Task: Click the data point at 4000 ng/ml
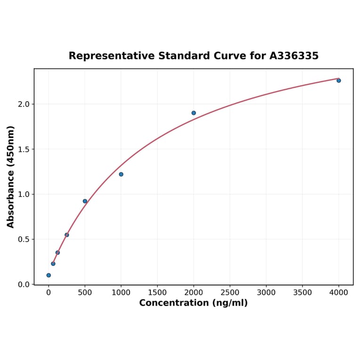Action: (x=338, y=81)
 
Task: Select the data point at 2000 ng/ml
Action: (x=194, y=113)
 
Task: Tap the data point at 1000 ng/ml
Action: (x=121, y=174)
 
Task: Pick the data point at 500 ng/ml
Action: (x=85, y=201)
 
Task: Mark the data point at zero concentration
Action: (x=49, y=275)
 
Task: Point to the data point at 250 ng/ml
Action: (x=67, y=235)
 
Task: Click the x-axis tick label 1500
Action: (x=157, y=293)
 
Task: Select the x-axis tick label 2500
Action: (x=230, y=293)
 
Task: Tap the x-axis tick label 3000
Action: (x=266, y=293)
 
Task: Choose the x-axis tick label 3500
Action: (x=303, y=293)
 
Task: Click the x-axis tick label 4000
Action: (x=339, y=293)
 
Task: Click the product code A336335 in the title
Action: (x=294, y=56)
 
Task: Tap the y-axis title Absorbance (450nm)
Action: (x=11, y=177)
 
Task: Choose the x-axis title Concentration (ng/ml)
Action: (x=193, y=303)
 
